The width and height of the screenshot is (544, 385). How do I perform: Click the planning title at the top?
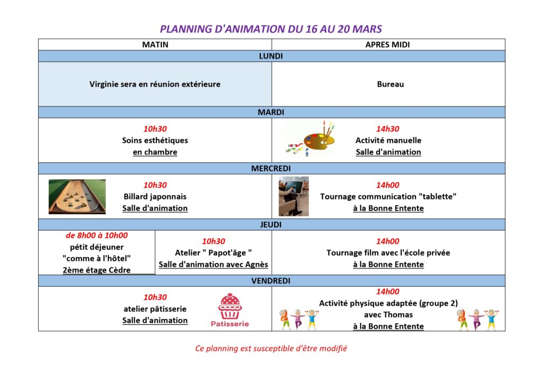(271, 29)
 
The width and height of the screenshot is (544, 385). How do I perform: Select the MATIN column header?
(155, 45)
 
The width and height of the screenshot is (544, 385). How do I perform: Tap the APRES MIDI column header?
(388, 45)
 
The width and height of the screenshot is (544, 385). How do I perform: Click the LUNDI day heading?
(271, 56)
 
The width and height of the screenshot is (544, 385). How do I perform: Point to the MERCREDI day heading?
(271, 169)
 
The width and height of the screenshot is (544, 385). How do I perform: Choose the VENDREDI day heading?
(271, 281)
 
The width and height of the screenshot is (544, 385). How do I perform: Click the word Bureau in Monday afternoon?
(390, 84)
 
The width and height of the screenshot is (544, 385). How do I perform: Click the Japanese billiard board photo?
(77, 197)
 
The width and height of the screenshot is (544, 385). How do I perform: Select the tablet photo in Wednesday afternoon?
(294, 196)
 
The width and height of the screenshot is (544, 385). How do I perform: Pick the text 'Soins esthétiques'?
(155, 140)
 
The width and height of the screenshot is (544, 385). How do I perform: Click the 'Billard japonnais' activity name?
(155, 197)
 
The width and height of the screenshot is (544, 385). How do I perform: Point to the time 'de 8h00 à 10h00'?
(97, 236)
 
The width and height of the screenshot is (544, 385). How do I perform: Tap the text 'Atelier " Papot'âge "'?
(213, 253)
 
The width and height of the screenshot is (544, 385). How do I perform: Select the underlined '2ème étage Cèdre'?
(97, 270)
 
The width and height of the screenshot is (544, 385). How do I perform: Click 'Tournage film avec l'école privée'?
(388, 253)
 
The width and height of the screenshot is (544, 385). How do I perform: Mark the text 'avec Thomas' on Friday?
(388, 314)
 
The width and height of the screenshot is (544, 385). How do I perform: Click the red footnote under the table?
(271, 349)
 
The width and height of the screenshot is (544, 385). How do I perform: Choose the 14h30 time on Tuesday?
(388, 129)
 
